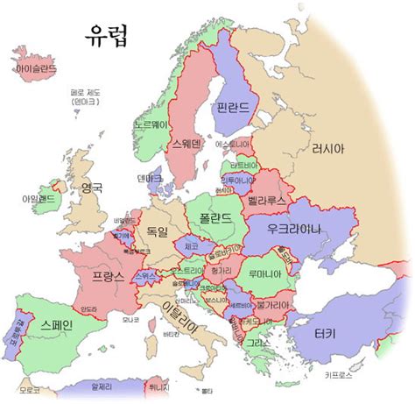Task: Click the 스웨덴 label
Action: (x=185, y=144)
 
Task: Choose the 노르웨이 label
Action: (x=149, y=125)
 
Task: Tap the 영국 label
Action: (x=92, y=188)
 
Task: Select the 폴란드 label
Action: (x=215, y=216)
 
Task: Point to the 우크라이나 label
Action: (x=295, y=230)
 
